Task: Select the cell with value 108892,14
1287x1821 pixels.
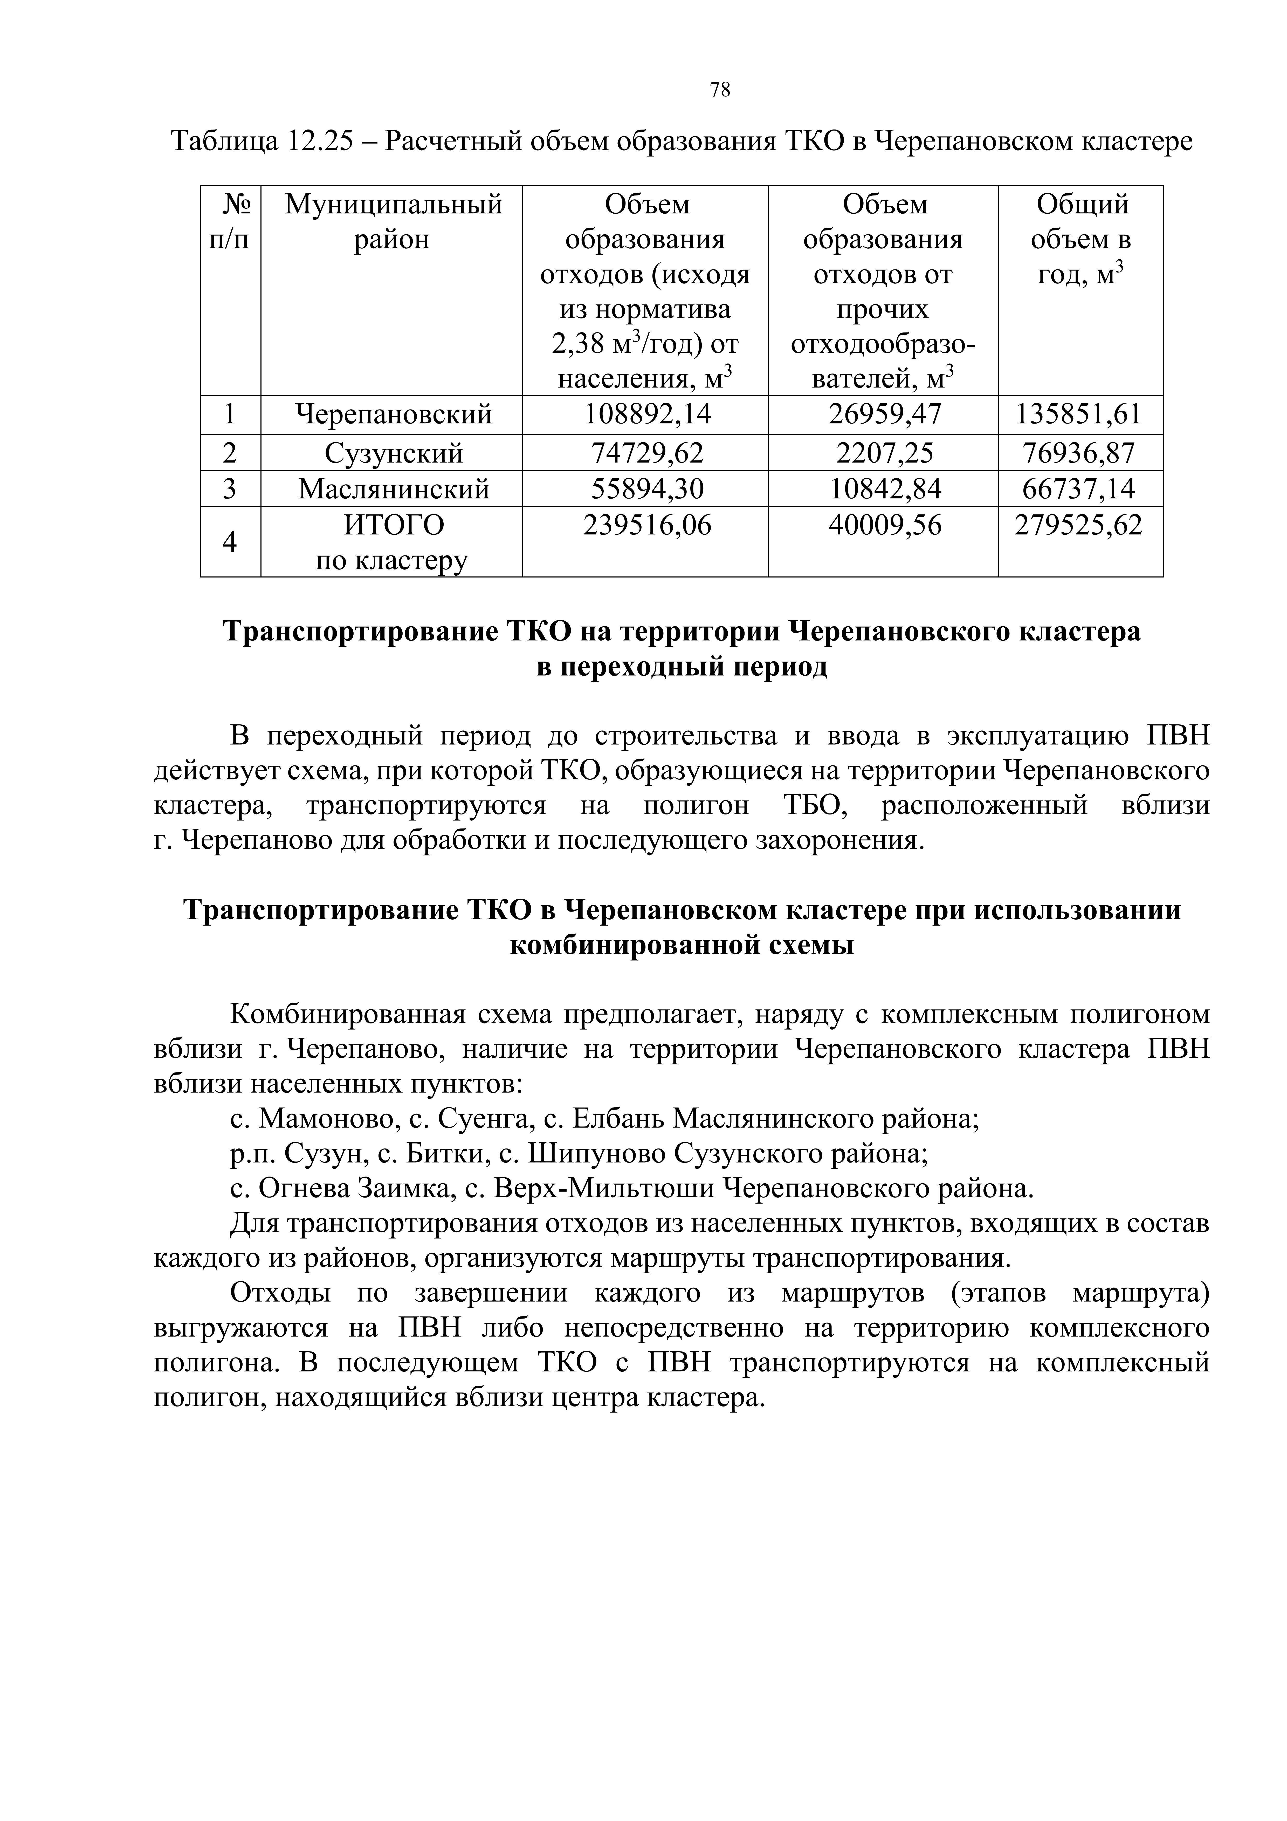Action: [647, 414]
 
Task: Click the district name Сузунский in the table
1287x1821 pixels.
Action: [393, 453]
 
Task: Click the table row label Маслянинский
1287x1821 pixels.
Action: [393, 488]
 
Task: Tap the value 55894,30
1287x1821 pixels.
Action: [647, 488]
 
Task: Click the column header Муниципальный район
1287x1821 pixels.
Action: [393, 222]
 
